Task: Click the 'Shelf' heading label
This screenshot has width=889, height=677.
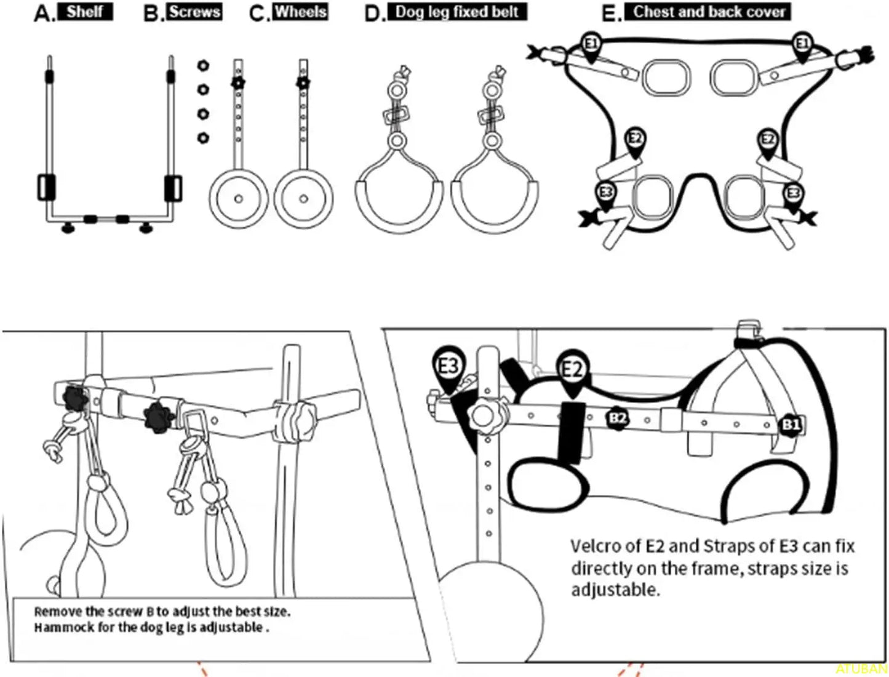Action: pos(85,12)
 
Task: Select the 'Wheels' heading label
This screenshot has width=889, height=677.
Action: pos(301,12)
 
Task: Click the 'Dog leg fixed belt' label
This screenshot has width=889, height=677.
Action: pos(456,12)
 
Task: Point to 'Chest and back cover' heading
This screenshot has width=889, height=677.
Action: pos(709,12)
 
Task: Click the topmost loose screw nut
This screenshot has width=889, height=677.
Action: pos(202,65)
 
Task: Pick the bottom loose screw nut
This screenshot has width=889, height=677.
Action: pos(202,137)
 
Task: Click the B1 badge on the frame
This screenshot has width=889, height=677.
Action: pos(791,425)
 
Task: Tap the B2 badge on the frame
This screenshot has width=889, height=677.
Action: pos(618,418)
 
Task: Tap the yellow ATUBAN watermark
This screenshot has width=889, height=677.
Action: pos(861,668)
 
